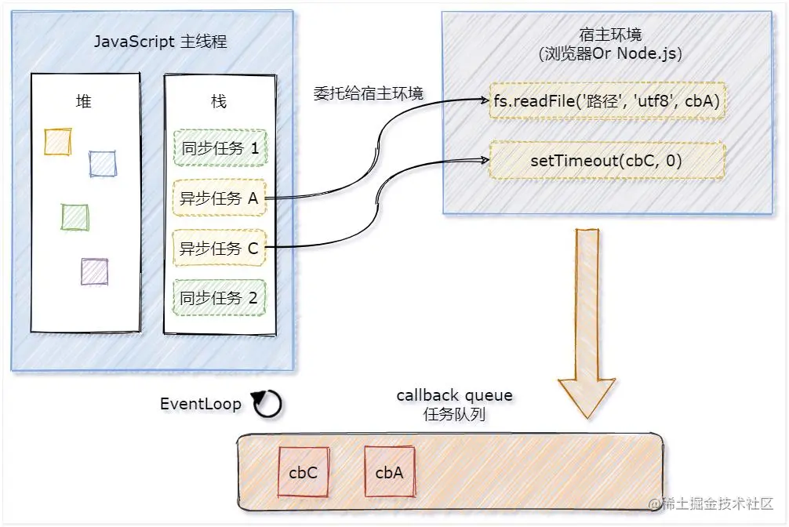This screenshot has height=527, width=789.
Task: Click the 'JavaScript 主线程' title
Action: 160,42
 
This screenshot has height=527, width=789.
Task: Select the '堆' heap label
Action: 83,101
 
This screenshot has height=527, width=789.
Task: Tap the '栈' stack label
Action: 219,101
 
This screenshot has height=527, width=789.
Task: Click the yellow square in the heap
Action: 58,141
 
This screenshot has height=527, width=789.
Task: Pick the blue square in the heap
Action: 102,163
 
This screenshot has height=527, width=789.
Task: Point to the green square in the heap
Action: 75,216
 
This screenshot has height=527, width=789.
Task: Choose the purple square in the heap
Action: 94,271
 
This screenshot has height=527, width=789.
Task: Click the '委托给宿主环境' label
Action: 368,95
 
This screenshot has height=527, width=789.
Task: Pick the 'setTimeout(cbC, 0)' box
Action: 606,161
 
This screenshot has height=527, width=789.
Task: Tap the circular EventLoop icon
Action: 267,404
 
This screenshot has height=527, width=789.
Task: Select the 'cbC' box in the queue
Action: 303,472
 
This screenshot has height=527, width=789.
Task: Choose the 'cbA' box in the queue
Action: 389,472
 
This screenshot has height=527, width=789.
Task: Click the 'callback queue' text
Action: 454,394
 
